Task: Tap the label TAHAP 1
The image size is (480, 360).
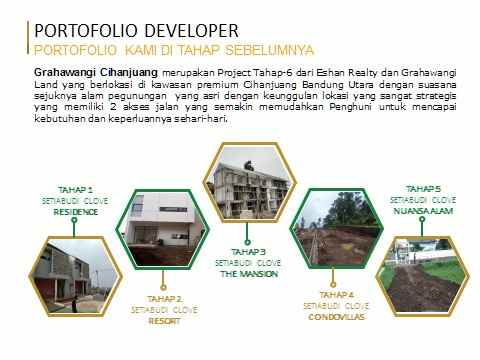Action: (x=76, y=189)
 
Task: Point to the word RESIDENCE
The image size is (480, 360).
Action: (x=76, y=212)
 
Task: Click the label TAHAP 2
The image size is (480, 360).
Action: (x=164, y=299)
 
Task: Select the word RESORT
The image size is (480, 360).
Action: (x=164, y=322)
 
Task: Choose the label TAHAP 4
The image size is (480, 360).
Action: (x=338, y=294)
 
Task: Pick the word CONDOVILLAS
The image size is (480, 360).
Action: (x=338, y=317)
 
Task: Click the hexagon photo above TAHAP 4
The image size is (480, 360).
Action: (x=337, y=235)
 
